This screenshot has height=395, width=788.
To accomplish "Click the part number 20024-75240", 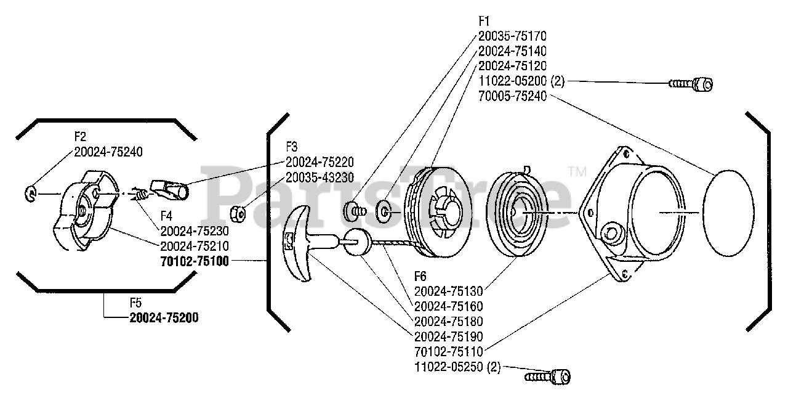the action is (108, 152).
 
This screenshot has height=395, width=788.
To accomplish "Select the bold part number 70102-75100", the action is (195, 261).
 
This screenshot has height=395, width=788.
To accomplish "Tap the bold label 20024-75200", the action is (164, 317).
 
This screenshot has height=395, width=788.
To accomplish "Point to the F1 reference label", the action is (484, 22).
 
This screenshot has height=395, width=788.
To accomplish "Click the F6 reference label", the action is (420, 276).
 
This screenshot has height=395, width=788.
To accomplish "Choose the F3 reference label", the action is (292, 147).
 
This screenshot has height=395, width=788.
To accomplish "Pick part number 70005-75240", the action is (513, 96).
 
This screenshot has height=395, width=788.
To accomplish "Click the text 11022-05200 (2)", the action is (521, 81).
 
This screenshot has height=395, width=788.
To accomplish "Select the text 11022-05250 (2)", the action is (457, 367).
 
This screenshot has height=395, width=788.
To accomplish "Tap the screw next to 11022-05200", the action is (691, 84).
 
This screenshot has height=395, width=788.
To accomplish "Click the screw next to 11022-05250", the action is (548, 377).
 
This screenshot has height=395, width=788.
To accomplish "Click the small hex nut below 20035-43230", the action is (238, 214).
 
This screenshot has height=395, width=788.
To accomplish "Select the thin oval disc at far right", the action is (728, 213).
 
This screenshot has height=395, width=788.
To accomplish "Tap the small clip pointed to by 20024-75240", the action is (31, 193).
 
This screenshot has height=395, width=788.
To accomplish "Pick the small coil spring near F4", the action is (140, 194).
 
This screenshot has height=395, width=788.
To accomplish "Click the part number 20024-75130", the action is (449, 291).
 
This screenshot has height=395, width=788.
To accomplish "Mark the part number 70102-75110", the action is (449, 351).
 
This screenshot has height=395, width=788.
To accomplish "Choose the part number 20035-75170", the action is (513, 36).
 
